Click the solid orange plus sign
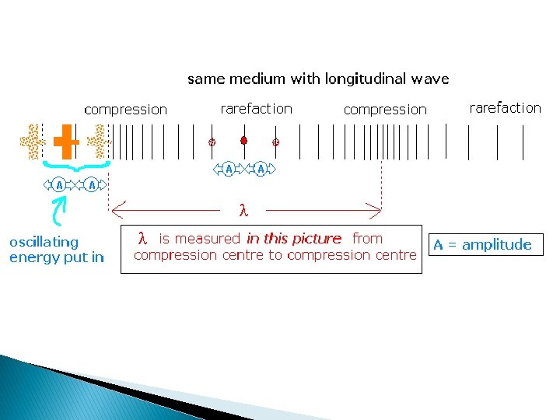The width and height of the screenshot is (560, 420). tap(66, 142)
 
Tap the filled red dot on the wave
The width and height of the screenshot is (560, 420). tap(243, 141)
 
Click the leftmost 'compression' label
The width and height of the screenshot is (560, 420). tap(125, 110)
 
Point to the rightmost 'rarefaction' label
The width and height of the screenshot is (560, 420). tap(505, 108)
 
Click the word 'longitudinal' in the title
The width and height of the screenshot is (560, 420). tap(362, 79)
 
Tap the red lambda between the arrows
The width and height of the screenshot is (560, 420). tap(243, 210)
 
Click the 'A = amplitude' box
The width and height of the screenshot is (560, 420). tap(483, 245)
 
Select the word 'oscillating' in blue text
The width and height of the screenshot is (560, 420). tap(44, 242)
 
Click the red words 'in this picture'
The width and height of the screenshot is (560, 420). tap(294, 239)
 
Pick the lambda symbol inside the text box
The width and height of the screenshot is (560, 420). tap(142, 238)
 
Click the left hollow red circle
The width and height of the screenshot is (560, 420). tap(211, 142)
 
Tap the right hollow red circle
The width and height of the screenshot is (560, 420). tap(275, 142)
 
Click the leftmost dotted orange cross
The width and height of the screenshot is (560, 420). tap(32, 142)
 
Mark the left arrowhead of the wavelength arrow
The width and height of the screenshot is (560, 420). tap(115, 209)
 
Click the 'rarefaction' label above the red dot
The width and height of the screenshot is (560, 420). tap(256, 109)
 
